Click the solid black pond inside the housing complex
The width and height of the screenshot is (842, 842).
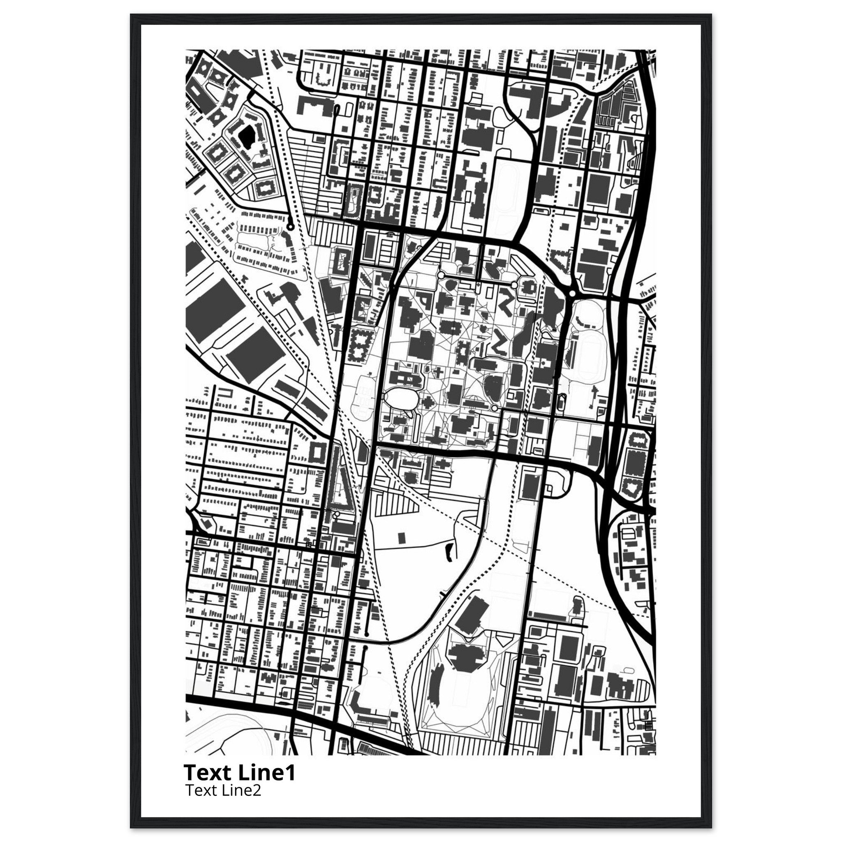pyautogui.click(x=247, y=137)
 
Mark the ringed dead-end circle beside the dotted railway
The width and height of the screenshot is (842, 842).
pyautogui.click(x=290, y=227)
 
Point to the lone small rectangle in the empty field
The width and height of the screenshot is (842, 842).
pyautogui.click(x=401, y=537)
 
